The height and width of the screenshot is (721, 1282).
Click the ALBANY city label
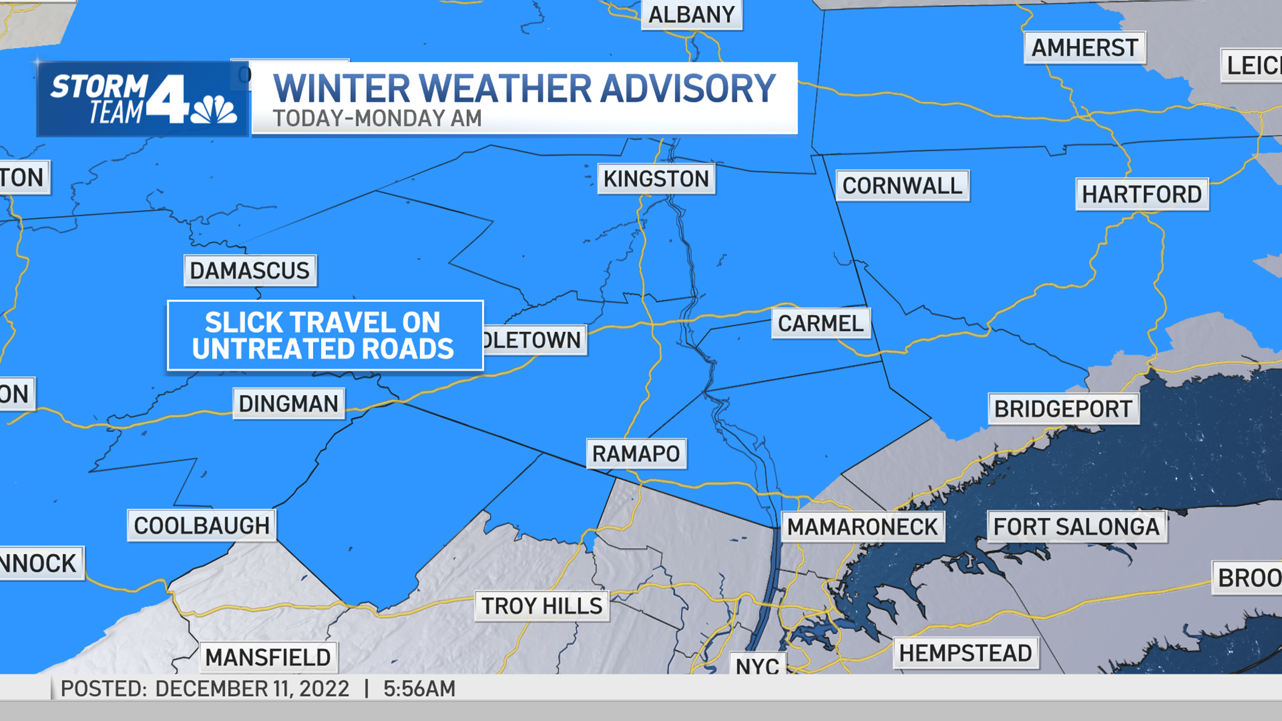691,15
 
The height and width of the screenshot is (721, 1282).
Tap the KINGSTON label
656,179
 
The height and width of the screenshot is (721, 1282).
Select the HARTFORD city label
1142,194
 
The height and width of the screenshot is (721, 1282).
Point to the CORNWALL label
902,186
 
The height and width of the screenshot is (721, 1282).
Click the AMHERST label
1085,48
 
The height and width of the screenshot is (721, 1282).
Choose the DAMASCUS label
250,271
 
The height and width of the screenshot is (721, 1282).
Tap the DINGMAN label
288,404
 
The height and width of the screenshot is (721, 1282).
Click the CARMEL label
821,323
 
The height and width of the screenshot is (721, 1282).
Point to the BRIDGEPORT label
1063,409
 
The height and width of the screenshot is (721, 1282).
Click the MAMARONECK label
863,527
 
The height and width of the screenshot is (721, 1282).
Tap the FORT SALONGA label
1076,527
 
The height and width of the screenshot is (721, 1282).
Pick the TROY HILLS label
541,606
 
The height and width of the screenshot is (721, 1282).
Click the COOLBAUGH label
202,526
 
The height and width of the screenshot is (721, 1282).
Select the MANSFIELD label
268,657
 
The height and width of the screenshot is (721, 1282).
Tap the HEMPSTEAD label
965,653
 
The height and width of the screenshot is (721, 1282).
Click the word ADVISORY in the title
688,89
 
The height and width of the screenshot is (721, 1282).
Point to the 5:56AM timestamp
419,689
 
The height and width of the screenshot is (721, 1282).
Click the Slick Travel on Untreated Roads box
325,336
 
